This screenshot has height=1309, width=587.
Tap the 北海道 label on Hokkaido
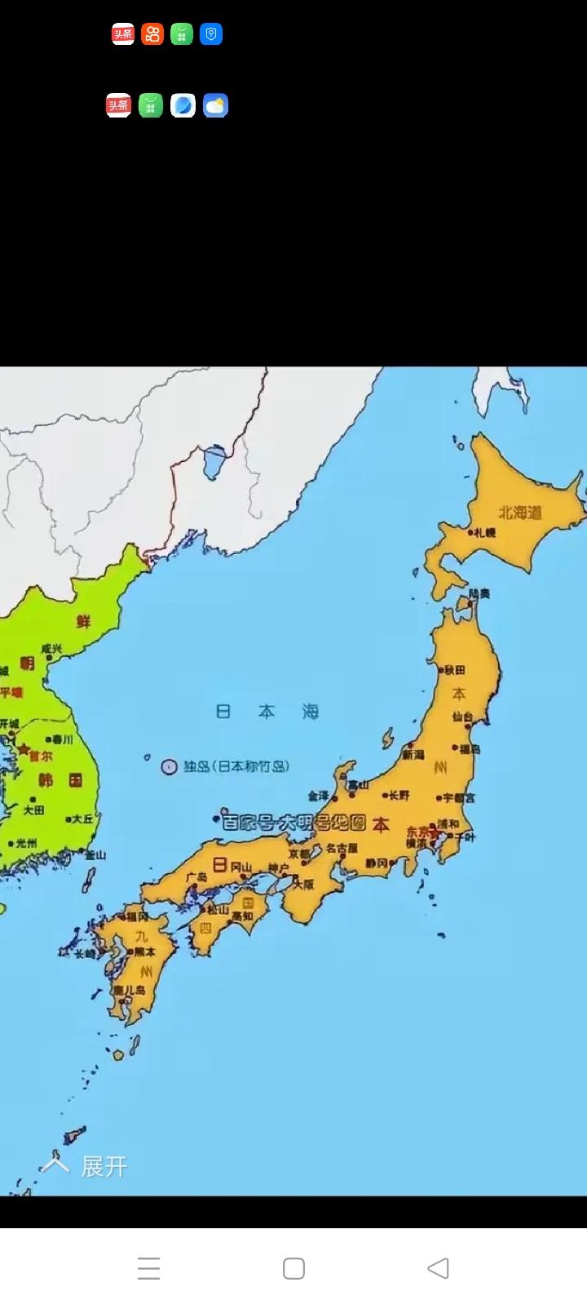click(520, 513)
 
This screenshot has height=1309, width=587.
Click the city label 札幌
click(484, 532)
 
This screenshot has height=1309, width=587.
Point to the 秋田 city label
click(455, 670)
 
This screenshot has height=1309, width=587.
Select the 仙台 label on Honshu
click(463, 717)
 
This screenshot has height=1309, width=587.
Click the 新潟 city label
click(413, 755)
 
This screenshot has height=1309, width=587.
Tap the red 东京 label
click(418, 832)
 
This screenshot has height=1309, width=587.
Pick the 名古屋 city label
click(342, 849)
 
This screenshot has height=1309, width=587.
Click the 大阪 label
click(303, 884)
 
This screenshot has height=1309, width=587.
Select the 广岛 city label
click(196, 877)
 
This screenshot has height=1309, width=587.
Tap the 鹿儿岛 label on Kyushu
click(130, 990)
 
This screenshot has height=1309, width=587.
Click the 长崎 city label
click(85, 953)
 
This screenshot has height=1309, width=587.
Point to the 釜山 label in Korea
click(95, 854)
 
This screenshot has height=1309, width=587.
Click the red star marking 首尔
click(24, 749)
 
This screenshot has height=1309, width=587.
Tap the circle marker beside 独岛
click(169, 767)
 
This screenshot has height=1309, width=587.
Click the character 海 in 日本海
click(311, 712)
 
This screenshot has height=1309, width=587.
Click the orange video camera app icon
click(152, 34)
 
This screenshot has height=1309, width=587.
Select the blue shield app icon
click(211, 34)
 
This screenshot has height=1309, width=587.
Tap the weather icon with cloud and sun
click(215, 105)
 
